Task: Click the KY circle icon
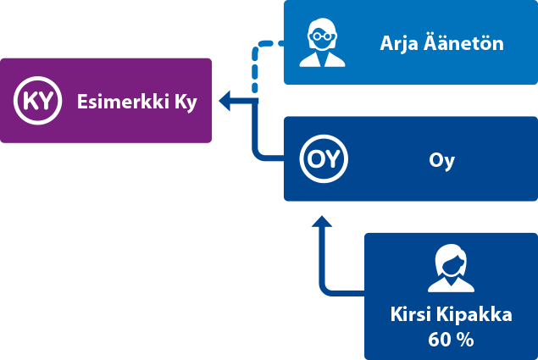(37, 102)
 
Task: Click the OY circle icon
(324, 159)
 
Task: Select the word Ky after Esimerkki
(186, 102)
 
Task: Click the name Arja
(397, 43)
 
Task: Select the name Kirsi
(410, 314)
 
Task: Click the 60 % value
(451, 341)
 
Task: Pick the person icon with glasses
(324, 42)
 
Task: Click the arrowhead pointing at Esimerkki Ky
(226, 102)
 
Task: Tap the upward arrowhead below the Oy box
(320, 222)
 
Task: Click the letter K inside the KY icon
(30, 102)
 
